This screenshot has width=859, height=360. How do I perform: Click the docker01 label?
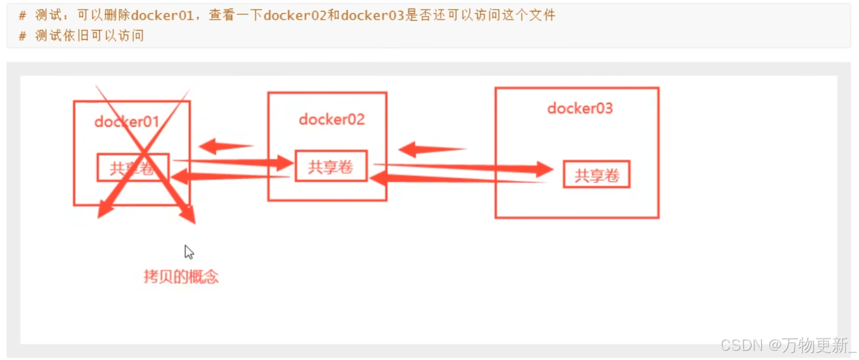[x=126, y=122]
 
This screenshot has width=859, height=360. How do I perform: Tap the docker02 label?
[x=332, y=120]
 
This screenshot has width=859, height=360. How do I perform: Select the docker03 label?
[x=580, y=108]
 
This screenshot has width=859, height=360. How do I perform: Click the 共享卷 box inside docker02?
[x=331, y=166]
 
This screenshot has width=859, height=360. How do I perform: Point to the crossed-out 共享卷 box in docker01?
[x=133, y=168]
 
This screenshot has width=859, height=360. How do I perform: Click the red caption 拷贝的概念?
[x=181, y=276]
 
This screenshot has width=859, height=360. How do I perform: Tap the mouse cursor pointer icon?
[x=189, y=252]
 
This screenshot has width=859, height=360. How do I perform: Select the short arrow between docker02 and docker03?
[x=431, y=149]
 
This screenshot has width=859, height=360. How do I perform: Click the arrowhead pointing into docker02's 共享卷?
[x=284, y=164]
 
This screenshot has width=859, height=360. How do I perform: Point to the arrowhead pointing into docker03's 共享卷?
[x=543, y=169]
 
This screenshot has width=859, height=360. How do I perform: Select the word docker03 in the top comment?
[x=372, y=15]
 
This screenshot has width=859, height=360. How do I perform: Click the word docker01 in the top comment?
[x=162, y=15]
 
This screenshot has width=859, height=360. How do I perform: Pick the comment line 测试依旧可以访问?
[x=89, y=36]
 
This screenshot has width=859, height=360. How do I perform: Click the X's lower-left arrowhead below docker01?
[x=103, y=210]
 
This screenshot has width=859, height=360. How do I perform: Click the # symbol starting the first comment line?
[x=23, y=15]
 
